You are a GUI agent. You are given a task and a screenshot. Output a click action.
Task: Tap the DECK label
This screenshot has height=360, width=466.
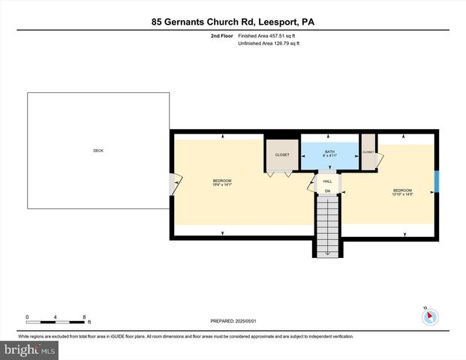click(x=98, y=151)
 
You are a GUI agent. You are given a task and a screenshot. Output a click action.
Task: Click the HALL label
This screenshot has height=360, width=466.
click(x=327, y=181)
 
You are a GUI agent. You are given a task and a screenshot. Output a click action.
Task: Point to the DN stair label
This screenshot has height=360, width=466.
click(x=327, y=191)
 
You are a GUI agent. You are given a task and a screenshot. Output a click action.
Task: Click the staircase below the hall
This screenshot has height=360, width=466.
click(x=327, y=225)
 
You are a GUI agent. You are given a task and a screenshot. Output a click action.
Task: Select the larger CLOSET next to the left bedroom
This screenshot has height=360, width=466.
click(x=282, y=154)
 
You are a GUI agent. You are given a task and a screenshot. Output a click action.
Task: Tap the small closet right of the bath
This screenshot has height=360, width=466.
click(x=368, y=152)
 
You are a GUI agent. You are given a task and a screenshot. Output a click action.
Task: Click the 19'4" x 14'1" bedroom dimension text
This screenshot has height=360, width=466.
click(x=222, y=184)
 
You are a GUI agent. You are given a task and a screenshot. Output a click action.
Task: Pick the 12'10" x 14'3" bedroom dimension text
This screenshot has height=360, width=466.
click(x=403, y=194)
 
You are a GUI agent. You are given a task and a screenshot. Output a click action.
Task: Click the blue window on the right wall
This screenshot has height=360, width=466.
click(x=437, y=182)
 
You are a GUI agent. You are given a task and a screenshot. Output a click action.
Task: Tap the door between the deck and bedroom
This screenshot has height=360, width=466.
click(x=174, y=183)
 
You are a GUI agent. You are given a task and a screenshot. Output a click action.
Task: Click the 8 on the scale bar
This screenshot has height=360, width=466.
click(x=84, y=316)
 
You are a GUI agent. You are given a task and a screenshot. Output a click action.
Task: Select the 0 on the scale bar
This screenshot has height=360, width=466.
click(x=27, y=316)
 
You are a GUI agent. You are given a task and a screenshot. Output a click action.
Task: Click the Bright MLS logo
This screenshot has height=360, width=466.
click(x=30, y=350)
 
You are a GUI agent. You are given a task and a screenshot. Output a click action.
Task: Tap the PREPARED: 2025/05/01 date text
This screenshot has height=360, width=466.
click(x=233, y=321)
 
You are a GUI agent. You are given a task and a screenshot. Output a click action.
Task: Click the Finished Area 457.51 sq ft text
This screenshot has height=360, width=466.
click(x=268, y=35)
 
